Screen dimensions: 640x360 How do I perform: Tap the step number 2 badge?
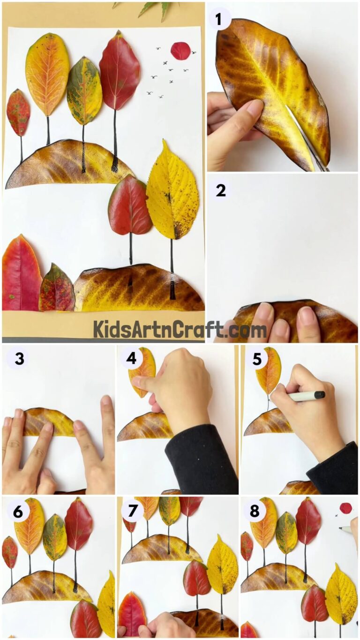pos(220,190)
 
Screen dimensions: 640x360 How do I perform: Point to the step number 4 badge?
pos(132,359)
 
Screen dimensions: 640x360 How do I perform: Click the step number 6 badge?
pos(18,512)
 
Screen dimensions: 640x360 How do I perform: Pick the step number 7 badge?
pos(133,512)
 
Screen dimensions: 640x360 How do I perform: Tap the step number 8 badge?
pos(255,512)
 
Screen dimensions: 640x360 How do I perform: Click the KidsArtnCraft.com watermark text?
pos(180,330)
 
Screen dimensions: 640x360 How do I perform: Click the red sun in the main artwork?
pos(180,51)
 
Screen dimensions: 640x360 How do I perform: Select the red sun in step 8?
pos(346,508)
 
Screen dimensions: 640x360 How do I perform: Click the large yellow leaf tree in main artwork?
pos(172,192)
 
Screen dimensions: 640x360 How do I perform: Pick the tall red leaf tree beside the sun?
pos(119,70)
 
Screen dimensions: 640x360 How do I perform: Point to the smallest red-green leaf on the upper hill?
pos(18,112)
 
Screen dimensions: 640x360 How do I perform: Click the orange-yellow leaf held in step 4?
pos(143,370)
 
